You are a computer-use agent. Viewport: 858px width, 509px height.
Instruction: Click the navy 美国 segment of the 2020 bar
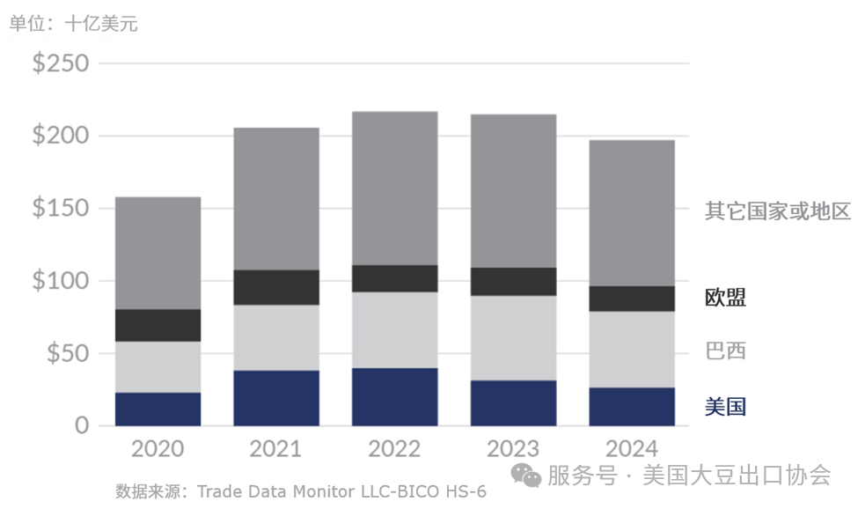(x=158, y=409)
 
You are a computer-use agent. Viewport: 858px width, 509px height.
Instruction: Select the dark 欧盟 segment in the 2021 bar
(x=276, y=287)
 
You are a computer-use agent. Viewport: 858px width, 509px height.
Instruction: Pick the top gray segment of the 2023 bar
(x=513, y=190)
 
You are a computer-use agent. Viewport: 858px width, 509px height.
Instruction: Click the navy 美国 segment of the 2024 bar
(x=632, y=406)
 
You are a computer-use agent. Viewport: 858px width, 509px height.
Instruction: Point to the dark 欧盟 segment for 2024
(x=632, y=299)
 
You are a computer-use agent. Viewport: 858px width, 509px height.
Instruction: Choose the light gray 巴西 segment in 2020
(x=158, y=366)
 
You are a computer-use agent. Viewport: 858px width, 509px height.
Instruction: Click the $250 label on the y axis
(x=60, y=64)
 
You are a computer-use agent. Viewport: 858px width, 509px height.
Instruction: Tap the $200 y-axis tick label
(x=60, y=136)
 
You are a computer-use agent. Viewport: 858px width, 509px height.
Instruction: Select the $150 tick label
(x=60, y=209)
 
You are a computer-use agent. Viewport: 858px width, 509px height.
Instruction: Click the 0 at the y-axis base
(x=82, y=425)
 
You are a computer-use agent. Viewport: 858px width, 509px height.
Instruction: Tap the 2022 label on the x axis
(x=394, y=449)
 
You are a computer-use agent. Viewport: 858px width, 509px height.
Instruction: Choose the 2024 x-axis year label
(x=632, y=449)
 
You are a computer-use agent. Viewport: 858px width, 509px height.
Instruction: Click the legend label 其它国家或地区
(x=778, y=211)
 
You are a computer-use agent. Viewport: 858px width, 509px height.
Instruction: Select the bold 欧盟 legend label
(x=725, y=298)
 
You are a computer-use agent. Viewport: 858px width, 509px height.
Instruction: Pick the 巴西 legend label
(x=725, y=351)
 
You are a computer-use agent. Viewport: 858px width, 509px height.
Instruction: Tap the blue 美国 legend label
(x=725, y=406)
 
